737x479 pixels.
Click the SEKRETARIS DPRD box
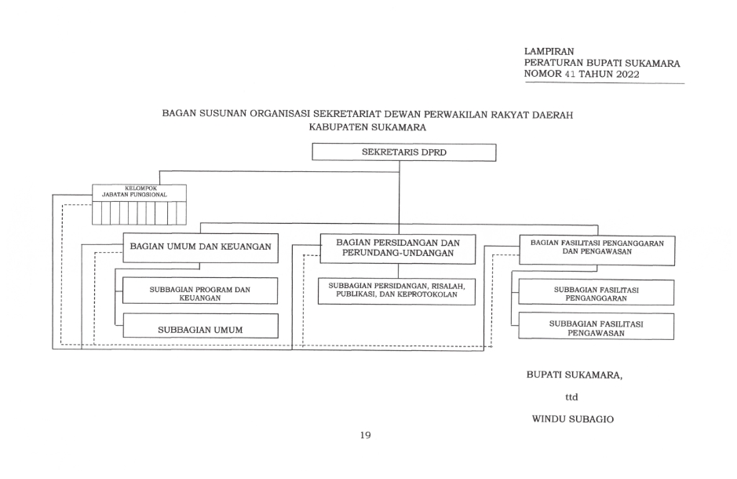(x=403, y=152)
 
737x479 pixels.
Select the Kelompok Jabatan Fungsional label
(x=134, y=192)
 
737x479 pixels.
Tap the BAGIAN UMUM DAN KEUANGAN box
(x=200, y=247)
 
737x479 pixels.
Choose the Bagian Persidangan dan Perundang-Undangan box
(x=398, y=249)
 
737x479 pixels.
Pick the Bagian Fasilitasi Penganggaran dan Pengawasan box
(x=597, y=250)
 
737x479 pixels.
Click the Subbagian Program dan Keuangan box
(x=200, y=291)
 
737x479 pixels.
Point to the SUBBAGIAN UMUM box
(x=200, y=325)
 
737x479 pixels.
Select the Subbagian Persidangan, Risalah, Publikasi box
(x=396, y=291)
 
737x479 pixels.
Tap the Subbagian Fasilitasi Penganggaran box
(x=596, y=292)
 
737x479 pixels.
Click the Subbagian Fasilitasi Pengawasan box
(x=596, y=326)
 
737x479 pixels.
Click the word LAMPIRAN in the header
(x=549, y=51)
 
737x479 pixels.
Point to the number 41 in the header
(x=570, y=74)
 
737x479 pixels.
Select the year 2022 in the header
(x=627, y=75)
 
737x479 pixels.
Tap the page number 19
(x=365, y=435)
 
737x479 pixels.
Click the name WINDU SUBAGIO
(x=572, y=419)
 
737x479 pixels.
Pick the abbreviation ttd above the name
(x=571, y=397)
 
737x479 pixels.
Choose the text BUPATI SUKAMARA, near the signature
(x=575, y=375)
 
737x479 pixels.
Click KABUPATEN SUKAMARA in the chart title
(x=367, y=127)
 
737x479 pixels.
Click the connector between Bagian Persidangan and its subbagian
(x=399, y=271)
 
